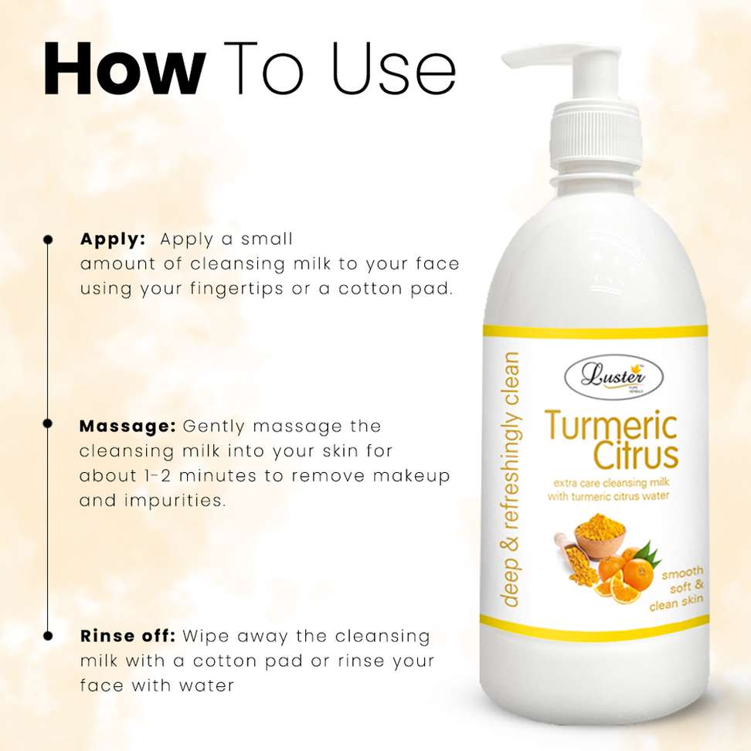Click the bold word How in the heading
(x=124, y=69)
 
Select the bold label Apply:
(x=113, y=240)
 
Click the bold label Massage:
(x=127, y=426)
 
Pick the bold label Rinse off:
(x=128, y=636)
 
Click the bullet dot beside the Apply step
(x=48, y=240)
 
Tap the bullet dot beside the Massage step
(x=48, y=423)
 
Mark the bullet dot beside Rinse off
(x=48, y=636)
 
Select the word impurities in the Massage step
(x=175, y=501)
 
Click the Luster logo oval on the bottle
(x=614, y=377)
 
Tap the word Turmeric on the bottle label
(x=611, y=426)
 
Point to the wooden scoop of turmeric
(x=574, y=558)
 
